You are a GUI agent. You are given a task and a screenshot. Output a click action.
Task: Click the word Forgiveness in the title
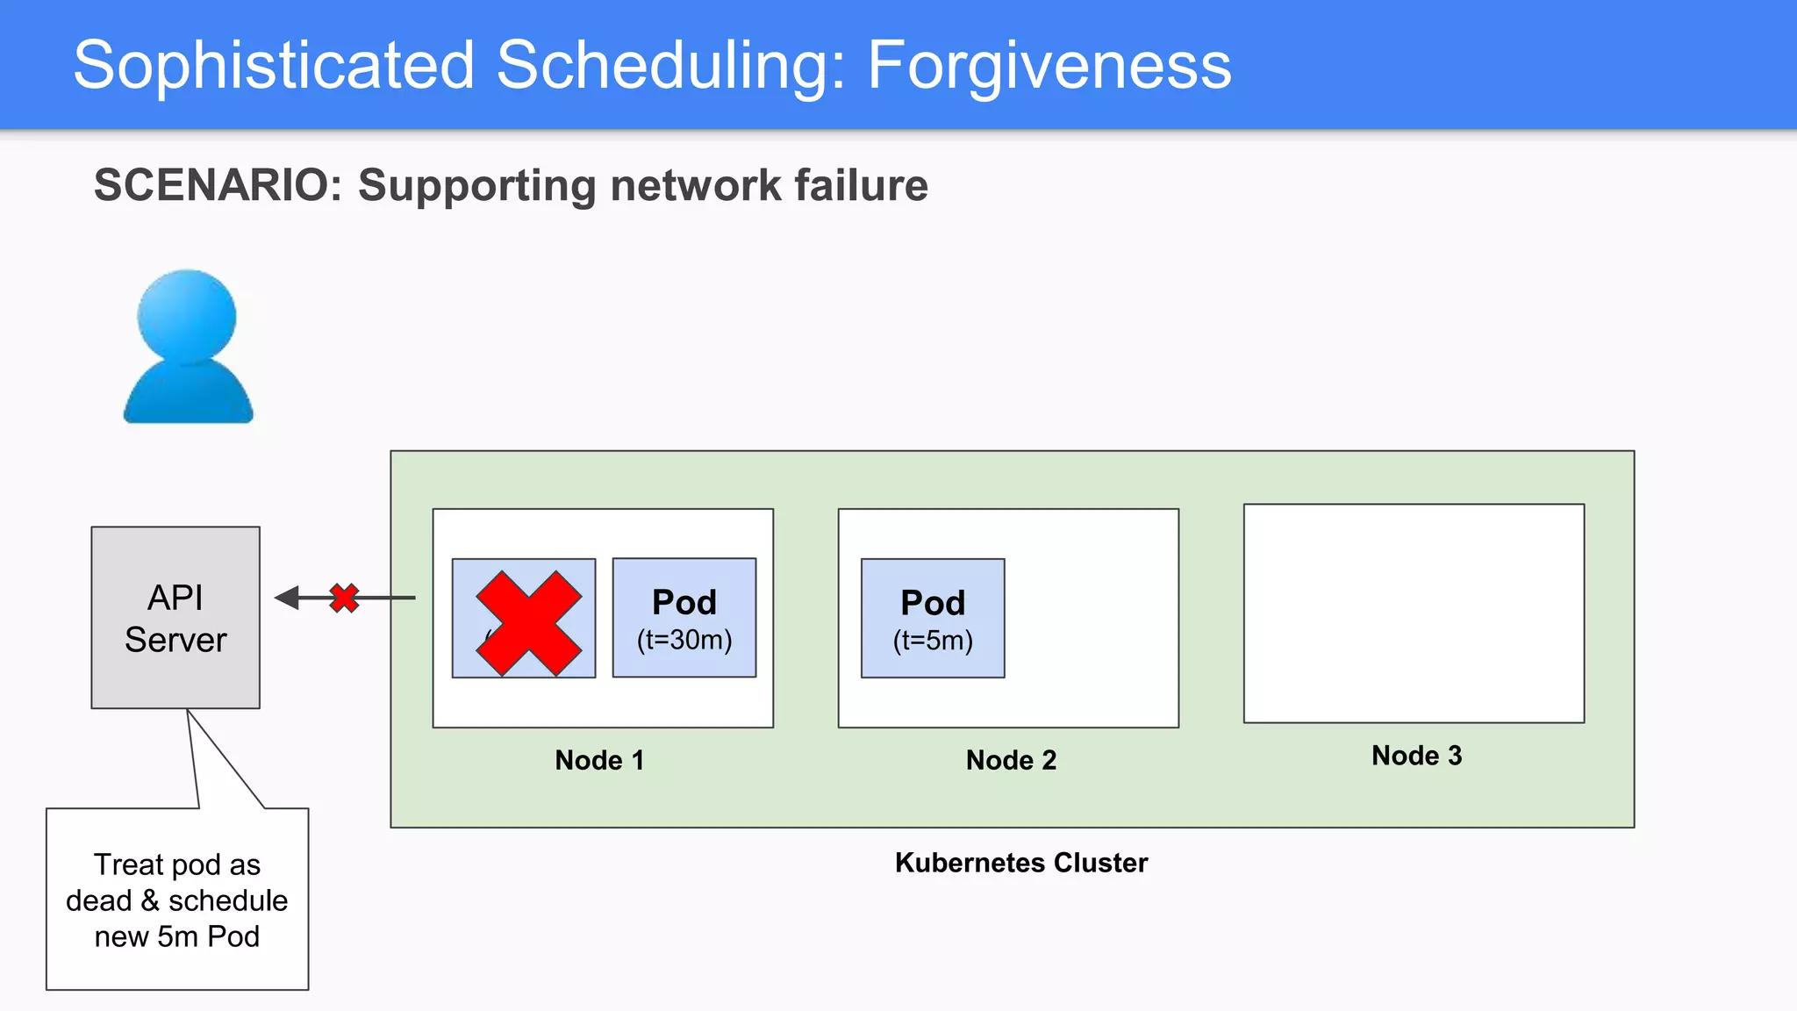[x=1049, y=65]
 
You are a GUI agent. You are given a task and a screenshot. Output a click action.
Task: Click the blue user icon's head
[x=187, y=316]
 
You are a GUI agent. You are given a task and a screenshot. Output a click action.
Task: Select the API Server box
[x=175, y=617]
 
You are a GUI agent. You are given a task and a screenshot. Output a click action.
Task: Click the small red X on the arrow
[x=344, y=598]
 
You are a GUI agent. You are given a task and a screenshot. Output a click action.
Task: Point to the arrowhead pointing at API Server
[x=286, y=598]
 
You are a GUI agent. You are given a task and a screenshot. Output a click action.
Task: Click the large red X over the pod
[x=528, y=623]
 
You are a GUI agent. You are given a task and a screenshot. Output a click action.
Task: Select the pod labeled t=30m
[x=684, y=617]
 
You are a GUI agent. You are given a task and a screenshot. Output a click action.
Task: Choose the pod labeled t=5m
[x=933, y=618]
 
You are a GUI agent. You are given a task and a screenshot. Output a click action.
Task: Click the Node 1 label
[x=599, y=760]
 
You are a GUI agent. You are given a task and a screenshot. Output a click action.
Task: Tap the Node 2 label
[x=1011, y=760]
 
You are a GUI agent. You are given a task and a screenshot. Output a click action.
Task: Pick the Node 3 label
[x=1416, y=756]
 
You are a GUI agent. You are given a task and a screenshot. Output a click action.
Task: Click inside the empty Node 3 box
[x=1414, y=613]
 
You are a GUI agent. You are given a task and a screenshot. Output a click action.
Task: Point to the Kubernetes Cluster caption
[x=1020, y=863]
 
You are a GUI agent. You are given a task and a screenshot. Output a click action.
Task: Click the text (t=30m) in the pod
[x=684, y=640]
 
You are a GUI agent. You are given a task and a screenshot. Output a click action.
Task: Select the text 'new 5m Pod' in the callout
[x=176, y=936]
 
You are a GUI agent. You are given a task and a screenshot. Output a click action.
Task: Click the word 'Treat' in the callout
[x=129, y=864]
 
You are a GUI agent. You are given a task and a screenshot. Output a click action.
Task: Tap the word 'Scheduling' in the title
[x=670, y=65]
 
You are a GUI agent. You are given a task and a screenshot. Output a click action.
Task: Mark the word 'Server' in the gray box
[x=175, y=640]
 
